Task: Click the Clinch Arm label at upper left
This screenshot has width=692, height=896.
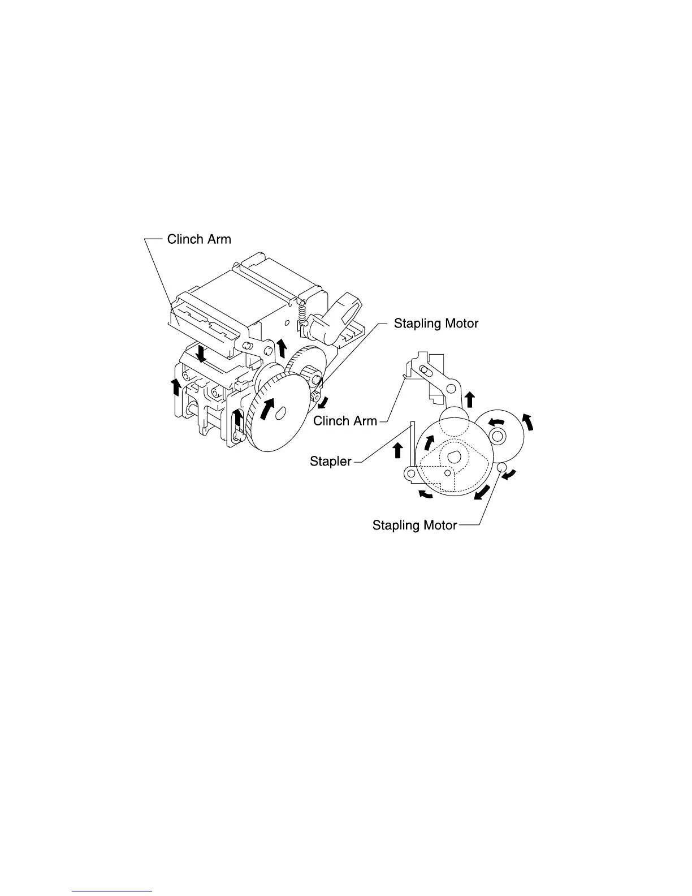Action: [199, 239]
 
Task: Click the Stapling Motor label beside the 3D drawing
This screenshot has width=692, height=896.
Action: [436, 324]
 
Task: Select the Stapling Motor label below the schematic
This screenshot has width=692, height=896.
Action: [414, 525]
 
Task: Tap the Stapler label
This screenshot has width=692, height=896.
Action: [331, 462]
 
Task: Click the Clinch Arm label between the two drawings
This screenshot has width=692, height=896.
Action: [345, 421]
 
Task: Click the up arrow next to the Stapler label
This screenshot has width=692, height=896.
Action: [397, 450]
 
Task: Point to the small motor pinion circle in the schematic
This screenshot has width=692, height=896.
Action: [500, 467]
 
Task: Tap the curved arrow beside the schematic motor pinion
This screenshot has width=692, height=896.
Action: [510, 475]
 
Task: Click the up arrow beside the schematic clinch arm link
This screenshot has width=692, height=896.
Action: [469, 399]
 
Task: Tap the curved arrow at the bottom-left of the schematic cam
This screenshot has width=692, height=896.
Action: [425, 495]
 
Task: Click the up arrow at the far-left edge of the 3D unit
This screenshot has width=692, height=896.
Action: [176, 387]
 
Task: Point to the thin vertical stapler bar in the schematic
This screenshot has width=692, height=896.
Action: [413, 447]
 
